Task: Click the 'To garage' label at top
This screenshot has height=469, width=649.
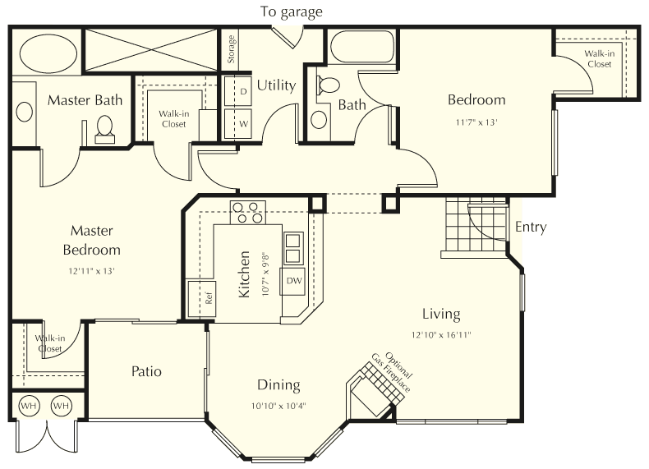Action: [x=292, y=11]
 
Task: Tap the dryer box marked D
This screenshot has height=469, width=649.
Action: [x=243, y=91]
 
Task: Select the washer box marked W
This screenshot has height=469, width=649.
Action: [x=243, y=124]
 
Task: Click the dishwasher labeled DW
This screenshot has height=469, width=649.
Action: [x=293, y=281]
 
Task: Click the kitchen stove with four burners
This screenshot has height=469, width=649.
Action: [x=246, y=213]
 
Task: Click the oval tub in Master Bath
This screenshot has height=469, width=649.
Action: [x=47, y=53]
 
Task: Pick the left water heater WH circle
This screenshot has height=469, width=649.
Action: [x=29, y=406]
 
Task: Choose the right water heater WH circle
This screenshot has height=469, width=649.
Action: [x=61, y=406]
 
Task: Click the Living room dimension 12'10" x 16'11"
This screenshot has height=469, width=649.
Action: [x=441, y=334]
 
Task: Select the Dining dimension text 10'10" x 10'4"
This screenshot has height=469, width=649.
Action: [x=278, y=405]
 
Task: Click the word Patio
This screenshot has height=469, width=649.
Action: [x=146, y=371]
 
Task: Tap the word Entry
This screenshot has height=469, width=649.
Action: [x=530, y=228]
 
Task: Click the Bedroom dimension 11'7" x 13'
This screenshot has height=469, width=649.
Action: [x=476, y=122]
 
